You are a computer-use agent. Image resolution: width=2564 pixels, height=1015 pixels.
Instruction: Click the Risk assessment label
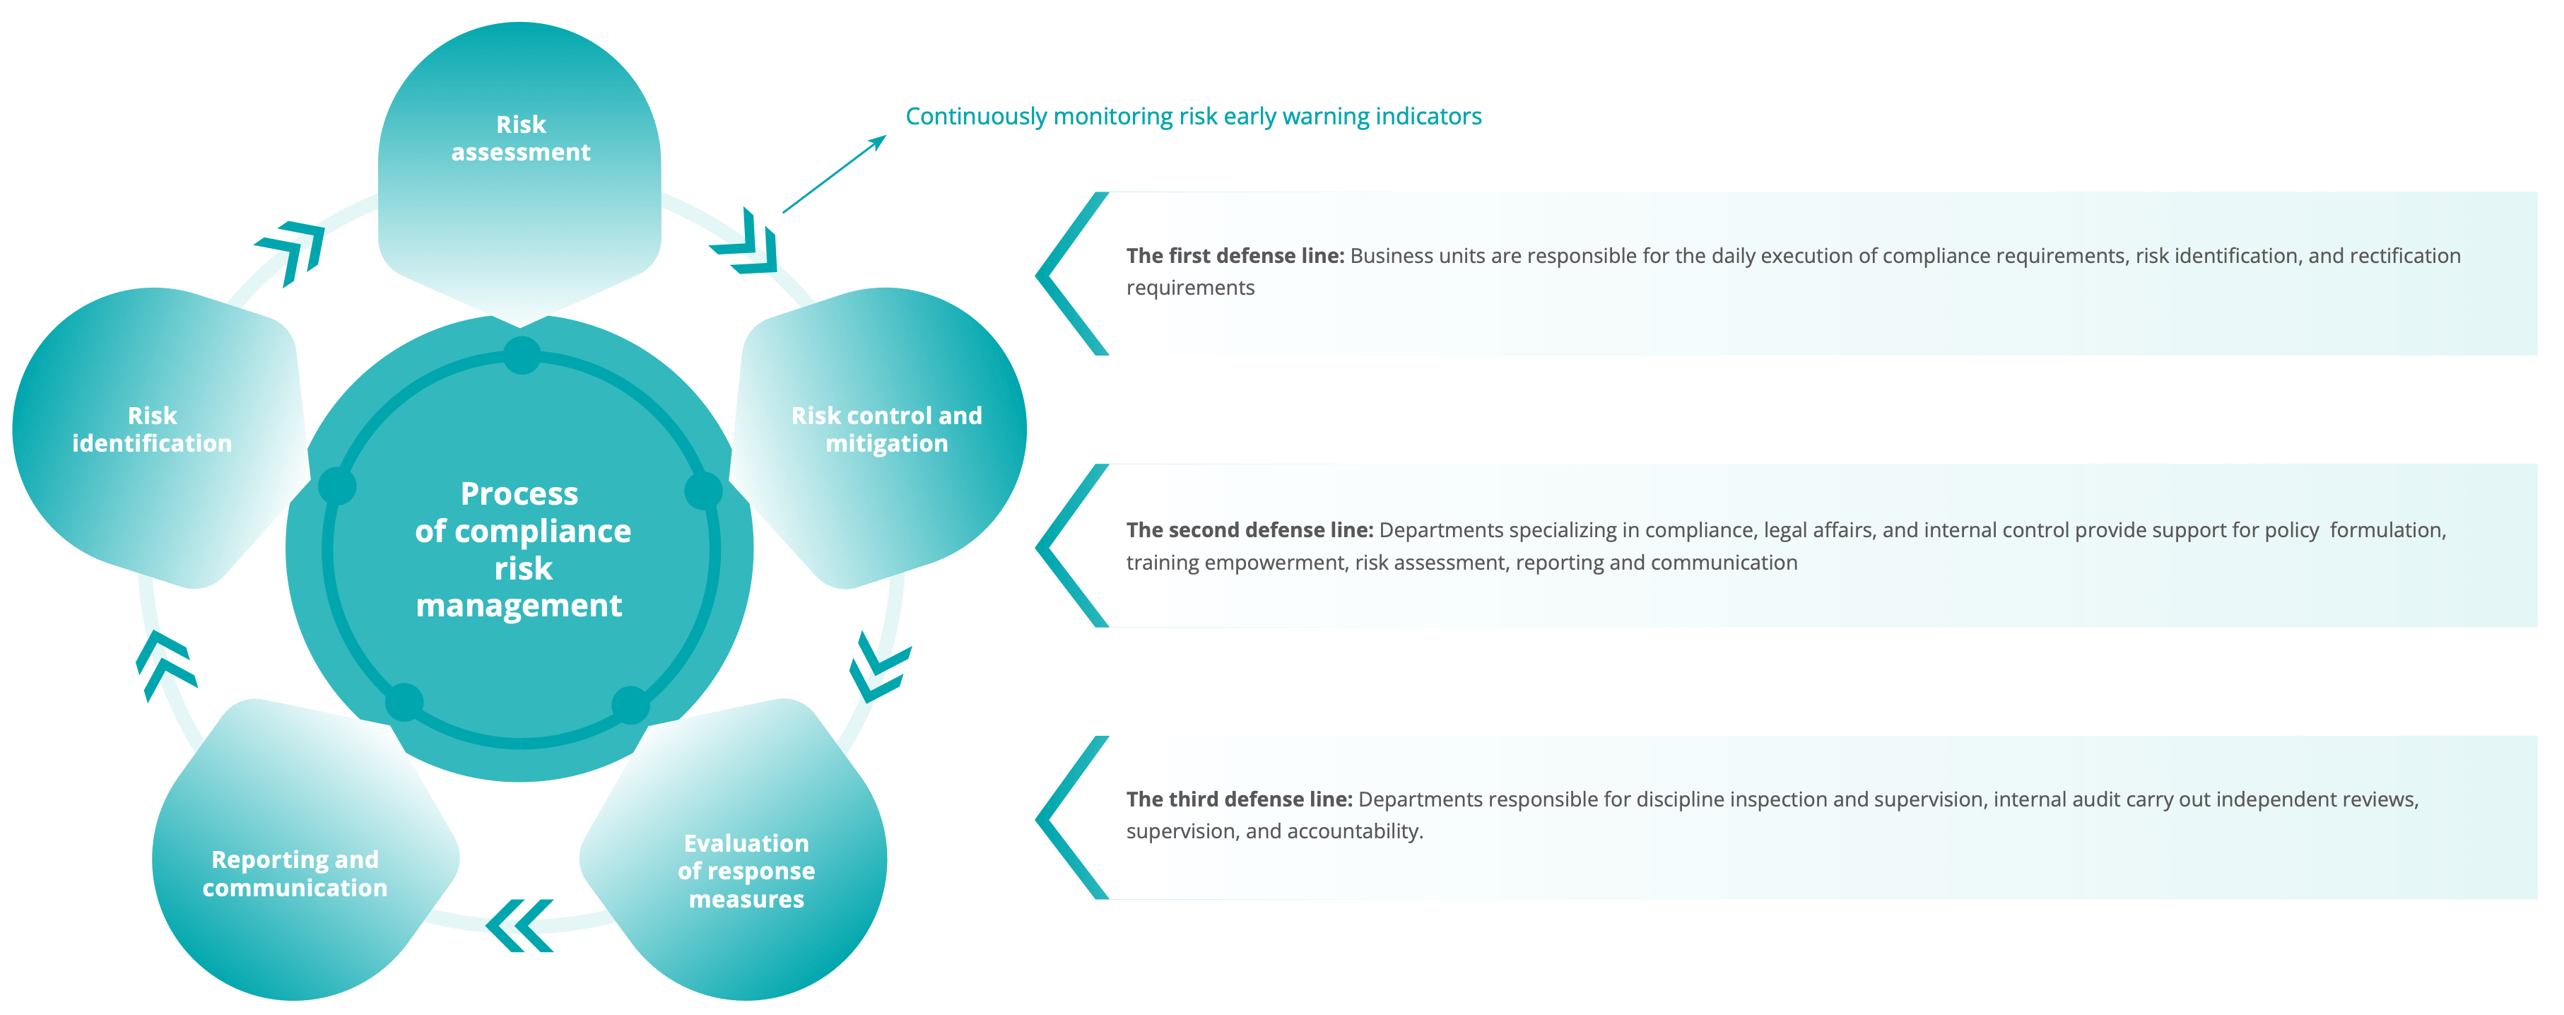[521, 139]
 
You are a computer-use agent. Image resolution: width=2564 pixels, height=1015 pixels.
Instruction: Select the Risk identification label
[151, 429]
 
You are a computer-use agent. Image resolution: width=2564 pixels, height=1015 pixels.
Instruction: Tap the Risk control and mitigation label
[886, 429]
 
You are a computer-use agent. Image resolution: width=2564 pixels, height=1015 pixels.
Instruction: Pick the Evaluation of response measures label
[746, 871]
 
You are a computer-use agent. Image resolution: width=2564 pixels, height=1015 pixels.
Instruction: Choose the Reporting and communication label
[295, 873]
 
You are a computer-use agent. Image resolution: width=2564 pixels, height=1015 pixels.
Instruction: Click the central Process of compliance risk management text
[521, 549]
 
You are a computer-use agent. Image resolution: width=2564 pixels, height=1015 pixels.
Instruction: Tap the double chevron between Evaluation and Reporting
[519, 925]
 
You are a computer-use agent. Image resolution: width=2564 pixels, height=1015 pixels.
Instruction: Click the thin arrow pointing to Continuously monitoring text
[834, 174]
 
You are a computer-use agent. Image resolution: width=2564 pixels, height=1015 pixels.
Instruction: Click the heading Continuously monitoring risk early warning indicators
[1192, 117]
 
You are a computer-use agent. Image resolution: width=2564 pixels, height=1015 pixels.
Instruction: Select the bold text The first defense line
[1234, 256]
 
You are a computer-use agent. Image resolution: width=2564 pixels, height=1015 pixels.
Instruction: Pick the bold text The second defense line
[1249, 530]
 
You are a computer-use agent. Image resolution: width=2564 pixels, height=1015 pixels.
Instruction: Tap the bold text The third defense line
[1239, 799]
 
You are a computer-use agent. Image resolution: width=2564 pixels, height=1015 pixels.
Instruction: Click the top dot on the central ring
[522, 356]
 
